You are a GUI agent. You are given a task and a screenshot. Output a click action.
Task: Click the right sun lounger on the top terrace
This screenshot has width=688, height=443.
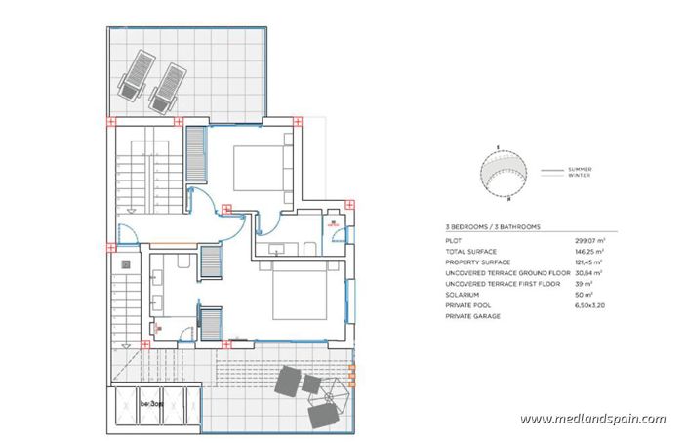point(168,84)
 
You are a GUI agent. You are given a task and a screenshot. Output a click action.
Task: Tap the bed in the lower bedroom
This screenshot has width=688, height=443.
point(297,293)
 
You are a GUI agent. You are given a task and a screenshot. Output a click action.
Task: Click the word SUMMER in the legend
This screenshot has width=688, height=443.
point(580,169)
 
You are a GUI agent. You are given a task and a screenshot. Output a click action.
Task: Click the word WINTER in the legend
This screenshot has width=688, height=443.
point(579,176)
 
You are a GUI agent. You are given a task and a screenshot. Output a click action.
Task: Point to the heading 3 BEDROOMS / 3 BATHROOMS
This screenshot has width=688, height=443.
point(492,226)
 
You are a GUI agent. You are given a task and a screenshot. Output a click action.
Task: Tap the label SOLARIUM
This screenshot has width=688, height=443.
point(464,295)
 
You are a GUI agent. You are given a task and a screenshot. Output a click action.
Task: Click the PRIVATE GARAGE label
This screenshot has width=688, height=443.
point(474,317)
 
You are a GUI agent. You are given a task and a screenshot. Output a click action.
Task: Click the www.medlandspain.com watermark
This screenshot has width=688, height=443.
point(592,420)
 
